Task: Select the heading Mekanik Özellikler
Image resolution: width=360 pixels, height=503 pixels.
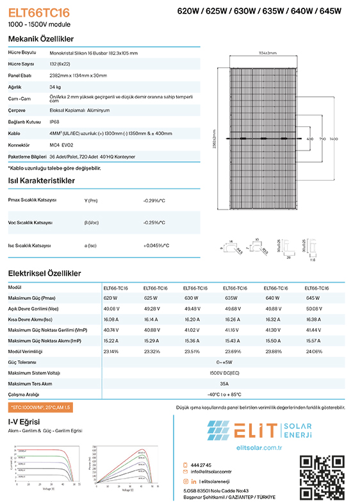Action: (40, 38)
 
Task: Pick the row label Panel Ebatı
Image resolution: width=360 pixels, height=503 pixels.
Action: (20, 76)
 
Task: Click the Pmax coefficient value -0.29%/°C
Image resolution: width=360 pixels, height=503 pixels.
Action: (154, 201)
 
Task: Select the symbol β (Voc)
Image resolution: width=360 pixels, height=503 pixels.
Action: (92, 222)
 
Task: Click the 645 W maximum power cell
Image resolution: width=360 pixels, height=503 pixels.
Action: (313, 298)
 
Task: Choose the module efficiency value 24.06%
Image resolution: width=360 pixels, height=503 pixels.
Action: (315, 351)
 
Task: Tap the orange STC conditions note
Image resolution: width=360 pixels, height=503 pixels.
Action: (40, 408)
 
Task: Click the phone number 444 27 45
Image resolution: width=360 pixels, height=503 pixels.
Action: (201, 465)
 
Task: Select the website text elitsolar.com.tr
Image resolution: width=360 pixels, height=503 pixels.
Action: (259, 447)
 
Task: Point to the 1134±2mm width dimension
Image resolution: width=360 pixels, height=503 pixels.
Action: (267, 53)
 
